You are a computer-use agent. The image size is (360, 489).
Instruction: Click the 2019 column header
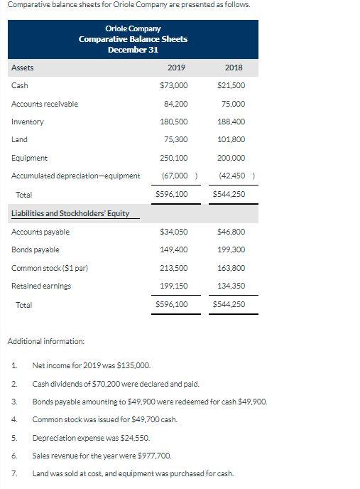(176, 68)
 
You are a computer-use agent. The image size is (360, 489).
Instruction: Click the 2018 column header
(233, 68)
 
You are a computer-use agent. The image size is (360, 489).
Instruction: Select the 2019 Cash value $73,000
(175, 86)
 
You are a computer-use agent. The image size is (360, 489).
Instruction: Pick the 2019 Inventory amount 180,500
(175, 122)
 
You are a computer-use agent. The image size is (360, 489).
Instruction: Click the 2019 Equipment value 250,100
(175, 158)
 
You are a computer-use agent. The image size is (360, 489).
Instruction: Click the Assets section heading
(22, 68)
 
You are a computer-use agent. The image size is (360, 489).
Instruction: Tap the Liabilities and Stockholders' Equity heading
(70, 213)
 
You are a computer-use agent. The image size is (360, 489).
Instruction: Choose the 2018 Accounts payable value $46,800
(232, 232)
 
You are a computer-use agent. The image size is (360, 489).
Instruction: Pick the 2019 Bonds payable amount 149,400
(175, 249)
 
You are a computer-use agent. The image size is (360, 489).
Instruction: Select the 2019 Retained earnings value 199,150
(175, 286)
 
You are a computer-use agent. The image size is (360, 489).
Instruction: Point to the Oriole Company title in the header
(133, 28)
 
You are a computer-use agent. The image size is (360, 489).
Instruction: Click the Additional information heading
(45, 342)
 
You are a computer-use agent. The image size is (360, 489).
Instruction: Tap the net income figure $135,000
(133, 365)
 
